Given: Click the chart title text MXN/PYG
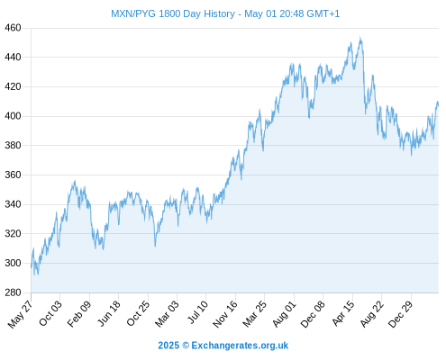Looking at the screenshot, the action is coord(133,13).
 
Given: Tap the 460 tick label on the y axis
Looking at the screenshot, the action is coord(13,28).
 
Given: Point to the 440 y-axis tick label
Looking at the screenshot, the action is coord(13,57).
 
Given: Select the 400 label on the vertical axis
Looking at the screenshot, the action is coord(13,116).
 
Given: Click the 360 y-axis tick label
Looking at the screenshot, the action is coord(13,175).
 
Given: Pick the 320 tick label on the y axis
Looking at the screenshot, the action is coord(13,233).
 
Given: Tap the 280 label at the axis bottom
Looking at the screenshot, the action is coord(13,292).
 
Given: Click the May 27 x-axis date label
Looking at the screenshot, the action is coord(20,314).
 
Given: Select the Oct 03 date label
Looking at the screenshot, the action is coord(50,313).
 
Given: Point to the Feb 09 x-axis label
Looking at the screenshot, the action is coord(78,313).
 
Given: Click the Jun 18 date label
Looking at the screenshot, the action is coord(108,313).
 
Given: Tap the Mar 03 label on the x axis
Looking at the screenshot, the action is coord(167,313).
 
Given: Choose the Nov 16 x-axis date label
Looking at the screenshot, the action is coord(225,314).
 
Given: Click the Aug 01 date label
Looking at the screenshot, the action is coord(284,313).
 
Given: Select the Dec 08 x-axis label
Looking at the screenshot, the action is coord(313,314).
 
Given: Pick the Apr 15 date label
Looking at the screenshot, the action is coord(343,313).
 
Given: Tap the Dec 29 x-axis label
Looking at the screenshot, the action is coord(401,314).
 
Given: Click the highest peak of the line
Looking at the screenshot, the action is coord(360,38).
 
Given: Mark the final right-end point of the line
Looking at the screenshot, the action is coord(438,105).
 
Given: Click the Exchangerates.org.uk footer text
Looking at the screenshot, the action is coord(240,346).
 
